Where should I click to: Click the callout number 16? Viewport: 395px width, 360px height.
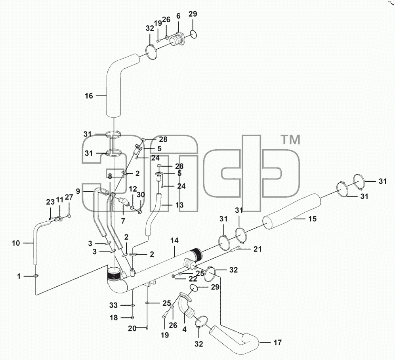click(89, 96)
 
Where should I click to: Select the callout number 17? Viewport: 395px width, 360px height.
click(278, 343)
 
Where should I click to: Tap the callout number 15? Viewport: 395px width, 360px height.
click(312, 219)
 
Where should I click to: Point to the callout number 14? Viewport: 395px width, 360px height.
click(174, 241)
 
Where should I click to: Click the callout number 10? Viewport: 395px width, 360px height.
click(15, 243)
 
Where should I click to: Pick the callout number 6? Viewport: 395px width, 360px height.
click(178, 16)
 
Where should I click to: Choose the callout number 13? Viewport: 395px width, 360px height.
click(179, 205)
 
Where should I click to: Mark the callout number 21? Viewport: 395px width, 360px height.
click(258, 249)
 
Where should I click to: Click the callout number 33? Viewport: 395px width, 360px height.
click(113, 305)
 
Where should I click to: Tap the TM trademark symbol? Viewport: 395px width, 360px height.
click(291, 140)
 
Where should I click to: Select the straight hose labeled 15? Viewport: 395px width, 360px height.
click(292, 211)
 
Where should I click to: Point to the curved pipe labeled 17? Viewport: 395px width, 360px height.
click(234, 338)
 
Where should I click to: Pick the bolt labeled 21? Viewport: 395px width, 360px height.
click(234, 249)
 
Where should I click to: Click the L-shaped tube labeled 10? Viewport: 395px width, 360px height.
click(38, 239)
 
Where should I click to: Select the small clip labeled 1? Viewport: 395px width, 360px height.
click(36, 276)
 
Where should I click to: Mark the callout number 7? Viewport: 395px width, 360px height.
click(123, 221)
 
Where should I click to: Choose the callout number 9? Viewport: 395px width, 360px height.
click(78, 192)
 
